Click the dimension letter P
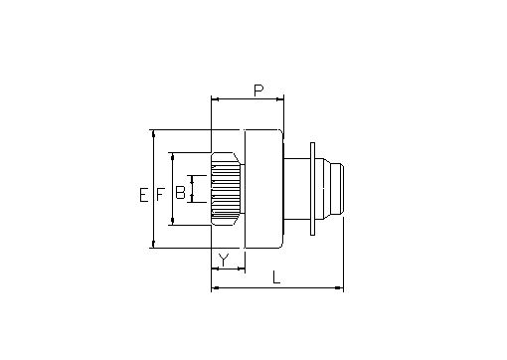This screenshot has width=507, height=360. click(x=258, y=90)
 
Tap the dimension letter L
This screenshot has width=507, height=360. click(x=276, y=277)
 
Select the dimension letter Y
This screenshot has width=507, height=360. click(x=224, y=261)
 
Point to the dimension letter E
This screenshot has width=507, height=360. click(x=144, y=195)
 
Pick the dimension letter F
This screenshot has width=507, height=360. click(x=160, y=195)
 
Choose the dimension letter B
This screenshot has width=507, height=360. click(x=180, y=192)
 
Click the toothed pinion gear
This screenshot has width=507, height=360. click(x=226, y=189)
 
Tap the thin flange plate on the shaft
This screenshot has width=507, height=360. click(x=312, y=189)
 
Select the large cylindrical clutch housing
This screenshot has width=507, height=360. click(x=263, y=189)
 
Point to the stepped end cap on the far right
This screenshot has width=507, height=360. click(x=333, y=189)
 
